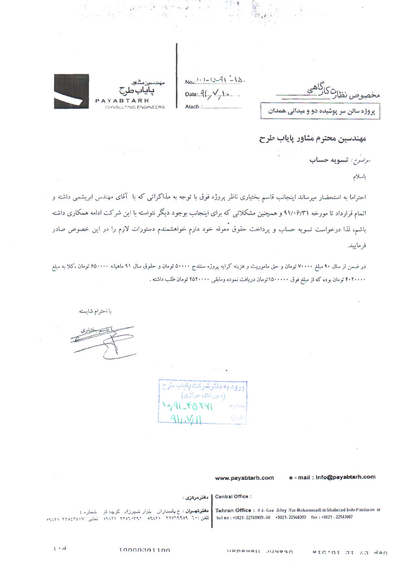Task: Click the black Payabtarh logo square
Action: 71,91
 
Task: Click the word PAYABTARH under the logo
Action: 122,101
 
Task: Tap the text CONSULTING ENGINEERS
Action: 135,107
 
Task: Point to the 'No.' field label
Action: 189,82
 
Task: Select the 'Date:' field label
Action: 191,95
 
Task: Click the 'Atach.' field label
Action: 192,107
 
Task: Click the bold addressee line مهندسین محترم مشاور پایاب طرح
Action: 312,139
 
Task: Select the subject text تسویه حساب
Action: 329,160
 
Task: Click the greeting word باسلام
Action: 360,177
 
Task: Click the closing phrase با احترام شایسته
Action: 95,311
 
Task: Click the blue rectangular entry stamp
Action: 202,401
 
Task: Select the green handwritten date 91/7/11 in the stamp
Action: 186,418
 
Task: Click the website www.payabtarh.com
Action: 244,478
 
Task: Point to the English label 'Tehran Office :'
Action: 233,510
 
